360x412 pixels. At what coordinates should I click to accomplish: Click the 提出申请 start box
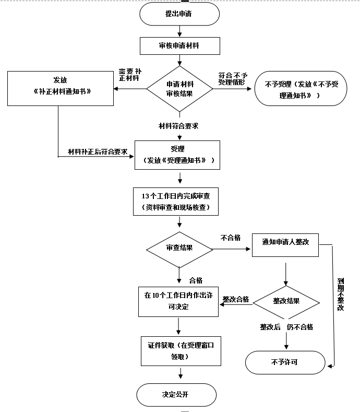(179, 14)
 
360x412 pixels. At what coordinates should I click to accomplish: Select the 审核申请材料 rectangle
(180, 46)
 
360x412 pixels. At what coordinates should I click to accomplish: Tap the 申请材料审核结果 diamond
(179, 89)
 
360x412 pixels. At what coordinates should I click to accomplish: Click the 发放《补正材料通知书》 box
(61, 89)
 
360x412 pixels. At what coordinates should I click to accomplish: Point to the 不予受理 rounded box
(301, 89)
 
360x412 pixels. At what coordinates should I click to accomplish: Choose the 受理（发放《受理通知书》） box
(177, 155)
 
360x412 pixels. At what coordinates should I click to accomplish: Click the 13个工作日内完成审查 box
(176, 202)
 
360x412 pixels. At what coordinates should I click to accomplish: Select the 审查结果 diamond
(179, 250)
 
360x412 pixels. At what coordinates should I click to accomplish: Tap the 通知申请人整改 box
(285, 245)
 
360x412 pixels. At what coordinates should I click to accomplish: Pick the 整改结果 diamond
(286, 303)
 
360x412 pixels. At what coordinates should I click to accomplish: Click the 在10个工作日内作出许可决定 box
(178, 302)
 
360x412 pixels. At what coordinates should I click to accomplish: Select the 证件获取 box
(181, 351)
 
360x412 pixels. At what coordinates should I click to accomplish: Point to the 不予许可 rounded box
(285, 362)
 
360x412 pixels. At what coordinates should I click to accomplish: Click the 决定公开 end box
(176, 395)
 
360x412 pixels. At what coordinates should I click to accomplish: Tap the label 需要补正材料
(130, 75)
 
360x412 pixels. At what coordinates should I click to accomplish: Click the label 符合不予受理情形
(233, 79)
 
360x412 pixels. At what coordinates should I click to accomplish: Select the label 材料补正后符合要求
(98, 151)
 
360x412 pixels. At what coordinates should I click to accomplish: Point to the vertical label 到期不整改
(341, 295)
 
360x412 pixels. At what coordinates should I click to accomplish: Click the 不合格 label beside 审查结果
(231, 238)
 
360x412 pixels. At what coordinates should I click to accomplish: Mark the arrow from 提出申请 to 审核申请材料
(179, 31)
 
